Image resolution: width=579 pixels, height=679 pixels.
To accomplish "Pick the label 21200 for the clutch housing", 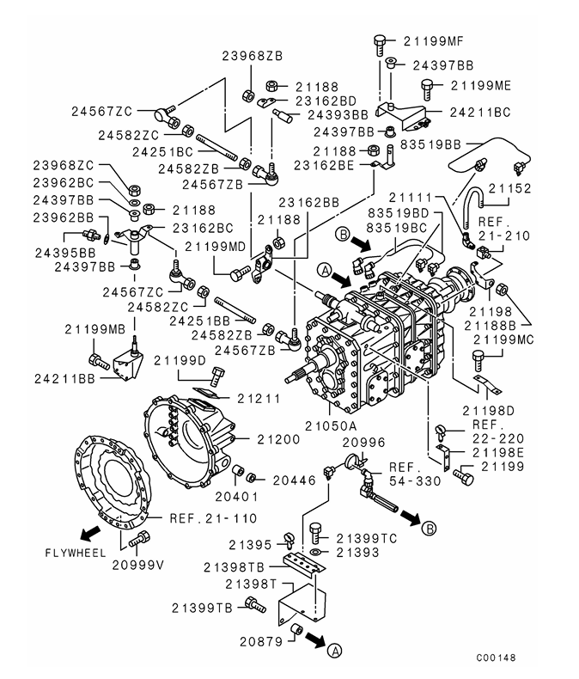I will click(x=277, y=439).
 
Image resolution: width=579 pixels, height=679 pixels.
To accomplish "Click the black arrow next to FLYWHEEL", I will click(x=86, y=527).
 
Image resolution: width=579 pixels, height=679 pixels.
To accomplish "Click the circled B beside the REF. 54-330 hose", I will click(x=430, y=528).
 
